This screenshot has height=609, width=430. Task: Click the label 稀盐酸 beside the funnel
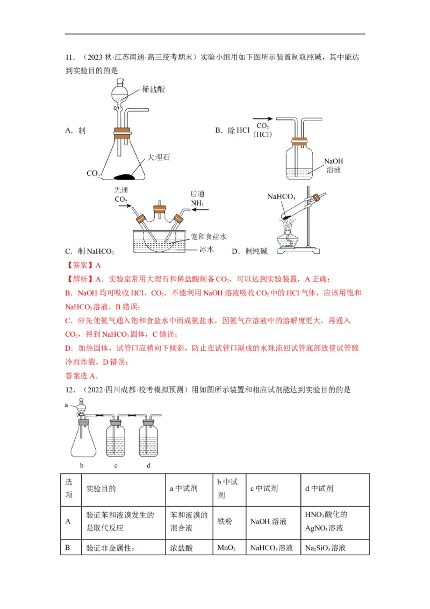click(154, 89)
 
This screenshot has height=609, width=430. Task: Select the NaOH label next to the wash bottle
click(333, 161)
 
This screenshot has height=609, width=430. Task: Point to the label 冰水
click(207, 250)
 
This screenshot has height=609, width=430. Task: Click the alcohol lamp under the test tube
click(288, 241)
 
